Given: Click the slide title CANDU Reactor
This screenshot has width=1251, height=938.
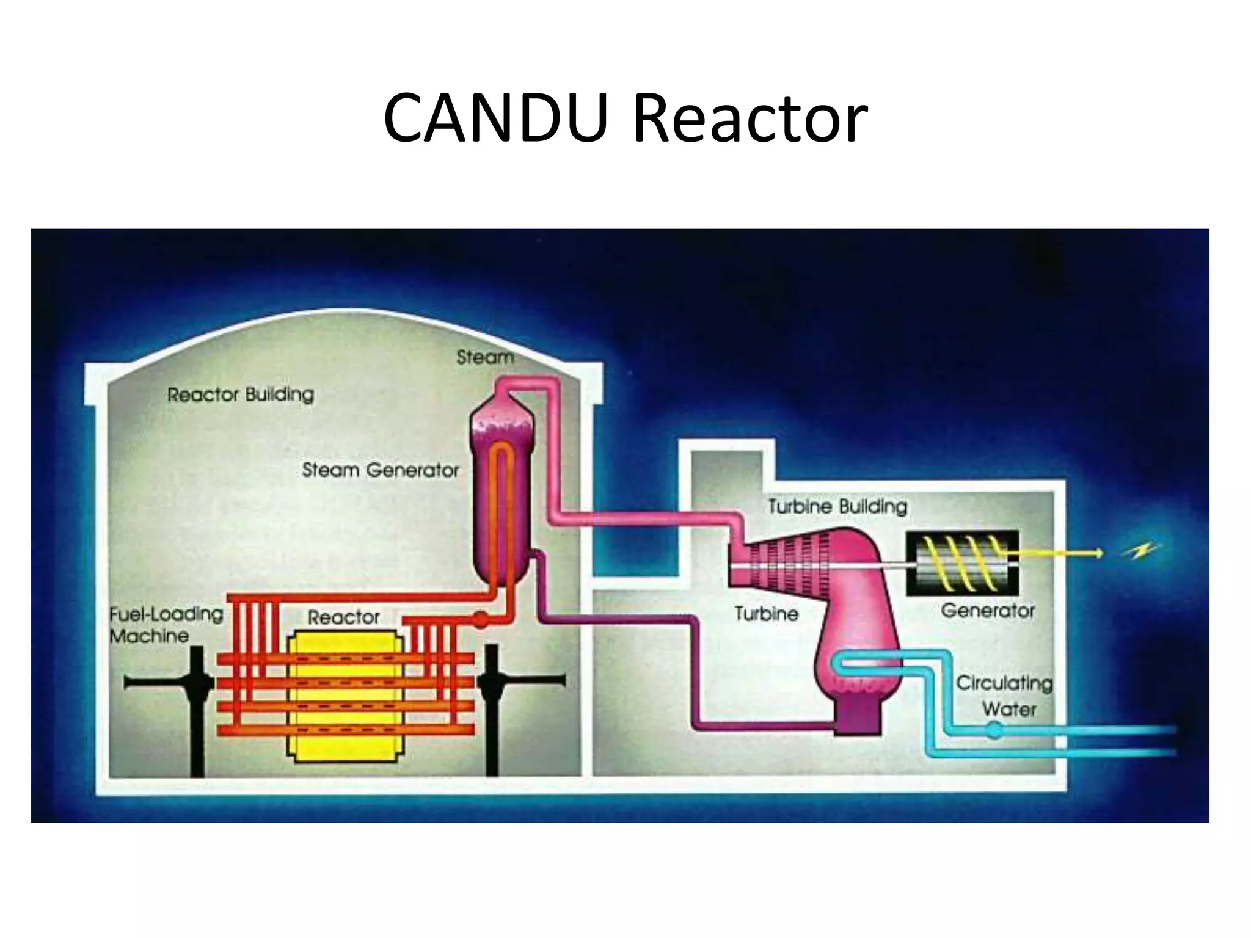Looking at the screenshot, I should pos(625,117).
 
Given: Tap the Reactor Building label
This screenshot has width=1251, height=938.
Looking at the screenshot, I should pos(241,394).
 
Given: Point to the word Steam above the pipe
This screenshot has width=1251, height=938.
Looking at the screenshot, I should pos(485,357).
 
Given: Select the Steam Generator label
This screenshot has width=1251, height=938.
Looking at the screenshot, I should pos(380,470).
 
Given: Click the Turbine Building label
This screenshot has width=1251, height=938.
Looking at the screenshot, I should pos(837,506).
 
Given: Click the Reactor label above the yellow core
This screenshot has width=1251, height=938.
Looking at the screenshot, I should pos(343,617).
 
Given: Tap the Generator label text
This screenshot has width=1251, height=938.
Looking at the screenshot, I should pos(988,610).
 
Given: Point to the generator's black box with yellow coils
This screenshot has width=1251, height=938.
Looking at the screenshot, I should pos(961,562).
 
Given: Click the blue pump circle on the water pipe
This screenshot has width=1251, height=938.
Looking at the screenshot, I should pos(995,729).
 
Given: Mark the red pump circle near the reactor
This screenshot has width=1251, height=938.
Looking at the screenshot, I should pos(481,619).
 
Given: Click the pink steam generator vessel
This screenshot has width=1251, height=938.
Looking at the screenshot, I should pos(502,489).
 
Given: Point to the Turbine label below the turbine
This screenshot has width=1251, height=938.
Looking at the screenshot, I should pos(766,613).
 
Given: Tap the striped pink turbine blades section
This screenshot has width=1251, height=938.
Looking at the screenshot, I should pos(788,561).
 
